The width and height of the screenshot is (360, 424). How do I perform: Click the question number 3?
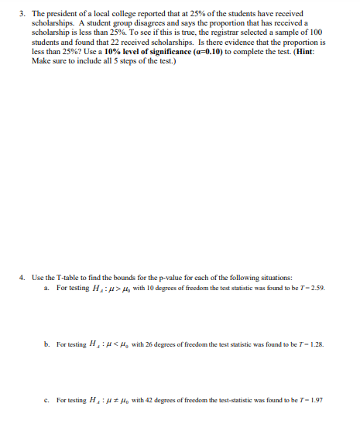[21, 14]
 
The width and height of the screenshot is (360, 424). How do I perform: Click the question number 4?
[21, 276]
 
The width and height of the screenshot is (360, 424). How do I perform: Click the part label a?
[46, 287]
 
